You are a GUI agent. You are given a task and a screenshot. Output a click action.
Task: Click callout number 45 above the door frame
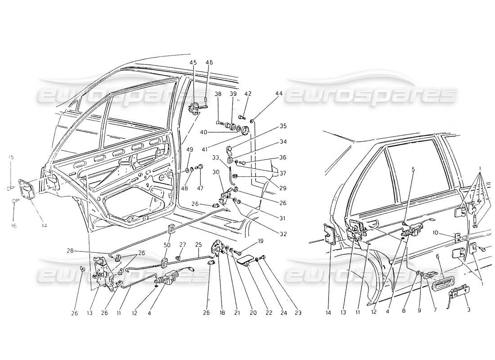(193, 63)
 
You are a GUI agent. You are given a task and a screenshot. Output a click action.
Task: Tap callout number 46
(209, 63)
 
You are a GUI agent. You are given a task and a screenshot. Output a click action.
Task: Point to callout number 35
(270, 126)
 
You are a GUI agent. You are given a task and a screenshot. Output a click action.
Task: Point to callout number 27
(183, 244)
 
